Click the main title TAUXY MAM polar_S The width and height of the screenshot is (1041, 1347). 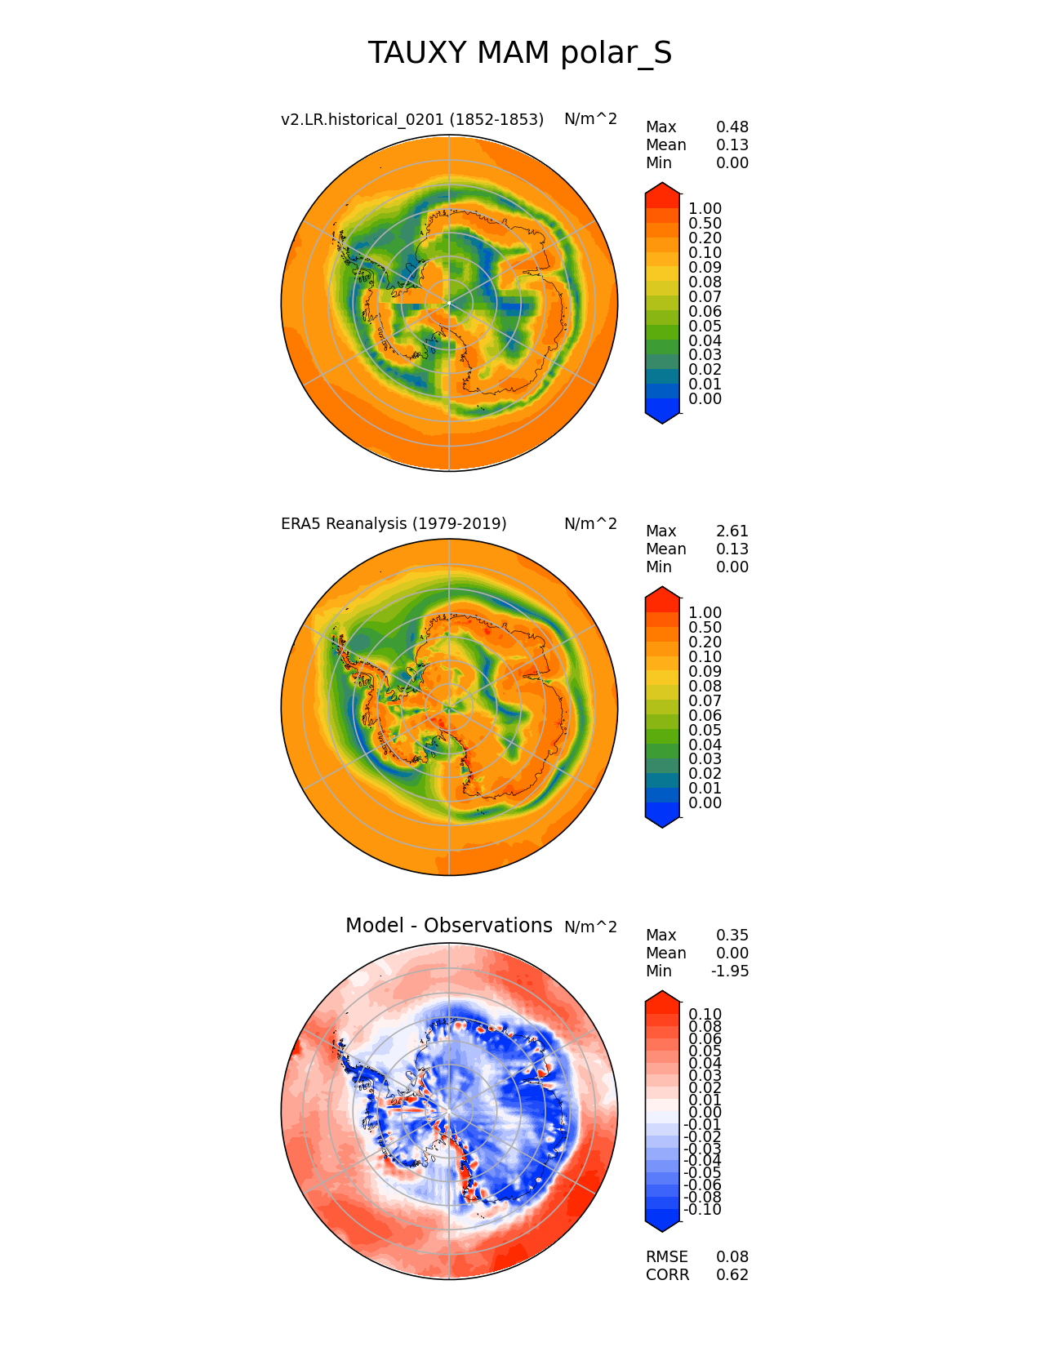520,53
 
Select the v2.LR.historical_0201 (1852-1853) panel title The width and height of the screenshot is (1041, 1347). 412,119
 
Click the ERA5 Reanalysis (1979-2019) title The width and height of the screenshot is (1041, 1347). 394,523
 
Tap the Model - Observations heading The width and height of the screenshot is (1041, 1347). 448,926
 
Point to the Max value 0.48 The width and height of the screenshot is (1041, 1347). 732,127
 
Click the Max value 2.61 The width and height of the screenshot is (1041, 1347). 732,531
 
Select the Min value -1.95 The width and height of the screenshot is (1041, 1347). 729,971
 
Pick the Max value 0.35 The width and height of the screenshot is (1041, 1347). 732,936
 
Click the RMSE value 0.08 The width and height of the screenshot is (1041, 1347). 732,1257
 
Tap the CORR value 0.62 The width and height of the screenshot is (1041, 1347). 732,1275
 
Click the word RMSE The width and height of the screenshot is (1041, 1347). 666,1257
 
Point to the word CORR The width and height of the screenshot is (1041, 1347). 667,1275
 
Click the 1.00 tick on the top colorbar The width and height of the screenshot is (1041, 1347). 705,209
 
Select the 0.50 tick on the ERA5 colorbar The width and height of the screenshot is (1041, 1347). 705,628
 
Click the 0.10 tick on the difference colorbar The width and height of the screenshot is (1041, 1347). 705,1015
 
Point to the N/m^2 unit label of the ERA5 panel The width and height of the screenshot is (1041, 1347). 590,523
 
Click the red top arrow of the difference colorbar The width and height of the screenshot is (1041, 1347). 662,998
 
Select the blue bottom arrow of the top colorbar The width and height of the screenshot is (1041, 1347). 662,416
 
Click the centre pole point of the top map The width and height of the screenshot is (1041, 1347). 449,304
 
